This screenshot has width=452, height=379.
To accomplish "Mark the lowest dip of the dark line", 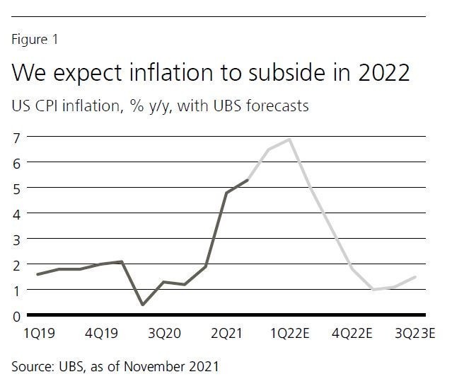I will (143, 305).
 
